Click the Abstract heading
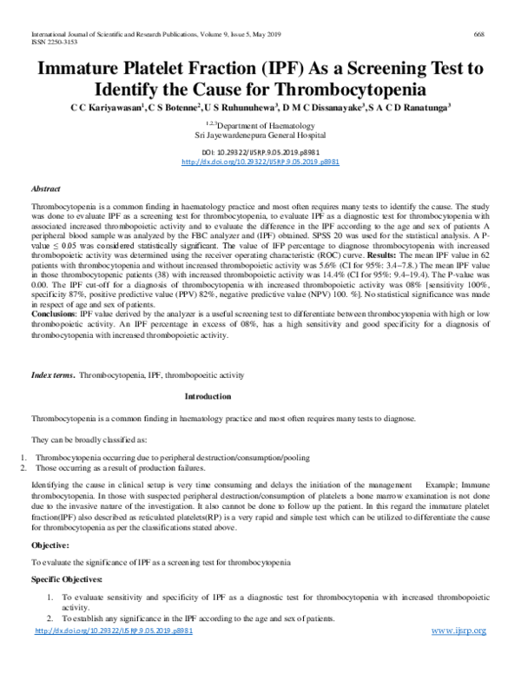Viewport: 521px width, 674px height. coord(45,188)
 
